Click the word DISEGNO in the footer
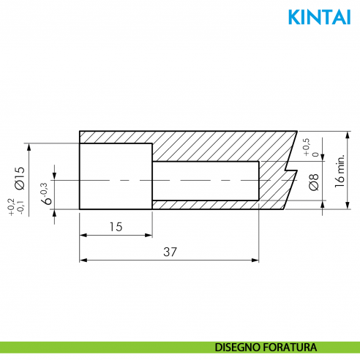point(239,347)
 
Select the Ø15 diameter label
point(20,178)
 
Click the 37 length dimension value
point(170,251)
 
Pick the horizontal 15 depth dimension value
point(116,227)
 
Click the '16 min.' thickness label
point(339,171)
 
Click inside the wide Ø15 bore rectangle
point(116,176)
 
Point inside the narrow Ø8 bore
point(205,180)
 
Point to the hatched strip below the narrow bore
point(212,204)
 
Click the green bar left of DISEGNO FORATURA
point(102,347)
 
